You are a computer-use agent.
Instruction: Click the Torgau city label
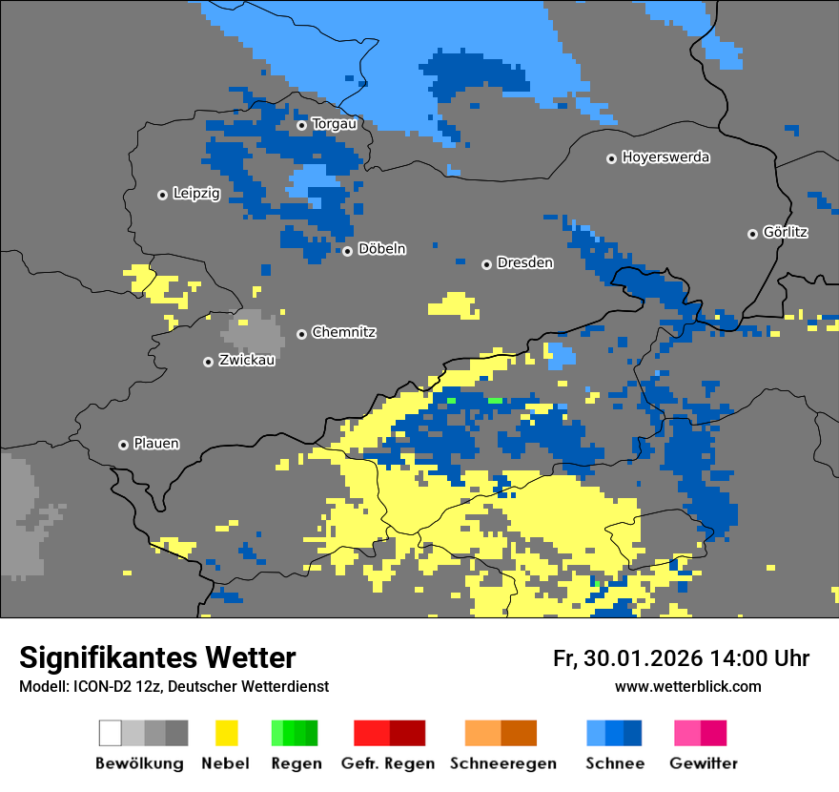334,124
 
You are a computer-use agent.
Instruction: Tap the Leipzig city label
196,194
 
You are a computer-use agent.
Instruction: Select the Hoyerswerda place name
665,157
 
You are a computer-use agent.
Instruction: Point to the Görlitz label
786,232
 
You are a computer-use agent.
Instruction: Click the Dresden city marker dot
486,264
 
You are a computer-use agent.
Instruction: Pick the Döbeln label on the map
381,249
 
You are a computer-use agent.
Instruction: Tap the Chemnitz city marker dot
302,334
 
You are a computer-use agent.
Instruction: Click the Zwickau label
247,360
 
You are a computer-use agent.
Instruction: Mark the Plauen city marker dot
124,445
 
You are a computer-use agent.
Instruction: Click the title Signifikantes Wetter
157,657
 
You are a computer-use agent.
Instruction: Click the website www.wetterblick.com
687,687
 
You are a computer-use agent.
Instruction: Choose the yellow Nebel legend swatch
226,733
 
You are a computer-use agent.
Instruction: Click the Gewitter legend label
704,763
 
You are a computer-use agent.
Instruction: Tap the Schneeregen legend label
502,763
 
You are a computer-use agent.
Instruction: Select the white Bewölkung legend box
111,733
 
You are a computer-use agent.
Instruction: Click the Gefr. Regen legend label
388,763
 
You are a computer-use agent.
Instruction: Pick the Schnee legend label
615,763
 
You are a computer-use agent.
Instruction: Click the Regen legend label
295,763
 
